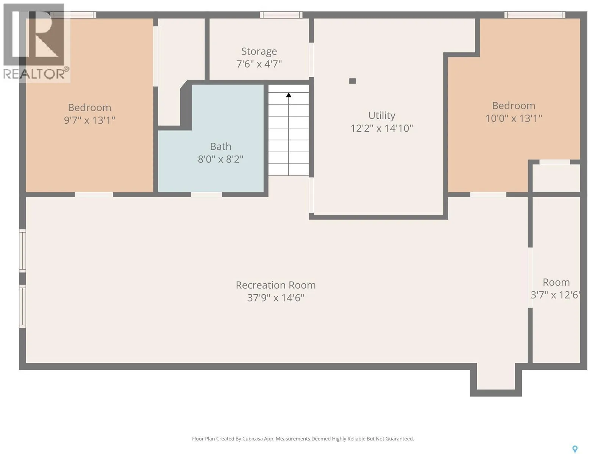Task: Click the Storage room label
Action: pyautogui.click(x=259, y=51)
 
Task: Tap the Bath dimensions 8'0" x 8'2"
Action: pyautogui.click(x=220, y=159)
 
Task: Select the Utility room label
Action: pyautogui.click(x=381, y=115)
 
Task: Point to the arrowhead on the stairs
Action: pyautogui.click(x=289, y=95)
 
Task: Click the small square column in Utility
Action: pyautogui.click(x=352, y=81)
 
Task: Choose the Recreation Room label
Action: pyautogui.click(x=275, y=285)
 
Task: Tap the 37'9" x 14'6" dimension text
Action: pyautogui.click(x=275, y=298)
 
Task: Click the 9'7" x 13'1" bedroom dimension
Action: pyautogui.click(x=89, y=120)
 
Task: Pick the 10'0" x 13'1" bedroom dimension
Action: pyautogui.click(x=514, y=118)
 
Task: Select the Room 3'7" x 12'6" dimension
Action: pyautogui.click(x=555, y=295)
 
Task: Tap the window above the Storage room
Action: pyautogui.click(x=281, y=15)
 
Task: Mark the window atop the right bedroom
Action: pyautogui.click(x=534, y=15)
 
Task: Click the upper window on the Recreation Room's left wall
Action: pyautogui.click(x=22, y=251)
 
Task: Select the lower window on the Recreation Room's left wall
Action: pyautogui.click(x=22, y=306)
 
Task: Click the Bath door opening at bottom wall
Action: pyautogui.click(x=206, y=194)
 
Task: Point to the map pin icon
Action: pyautogui.click(x=575, y=442)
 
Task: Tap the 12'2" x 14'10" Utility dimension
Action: pyautogui.click(x=381, y=128)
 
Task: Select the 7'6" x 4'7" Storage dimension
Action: pyautogui.click(x=259, y=64)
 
